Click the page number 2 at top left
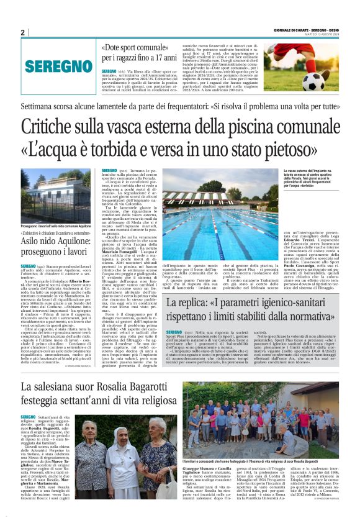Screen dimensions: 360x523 click(x=22, y=32)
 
